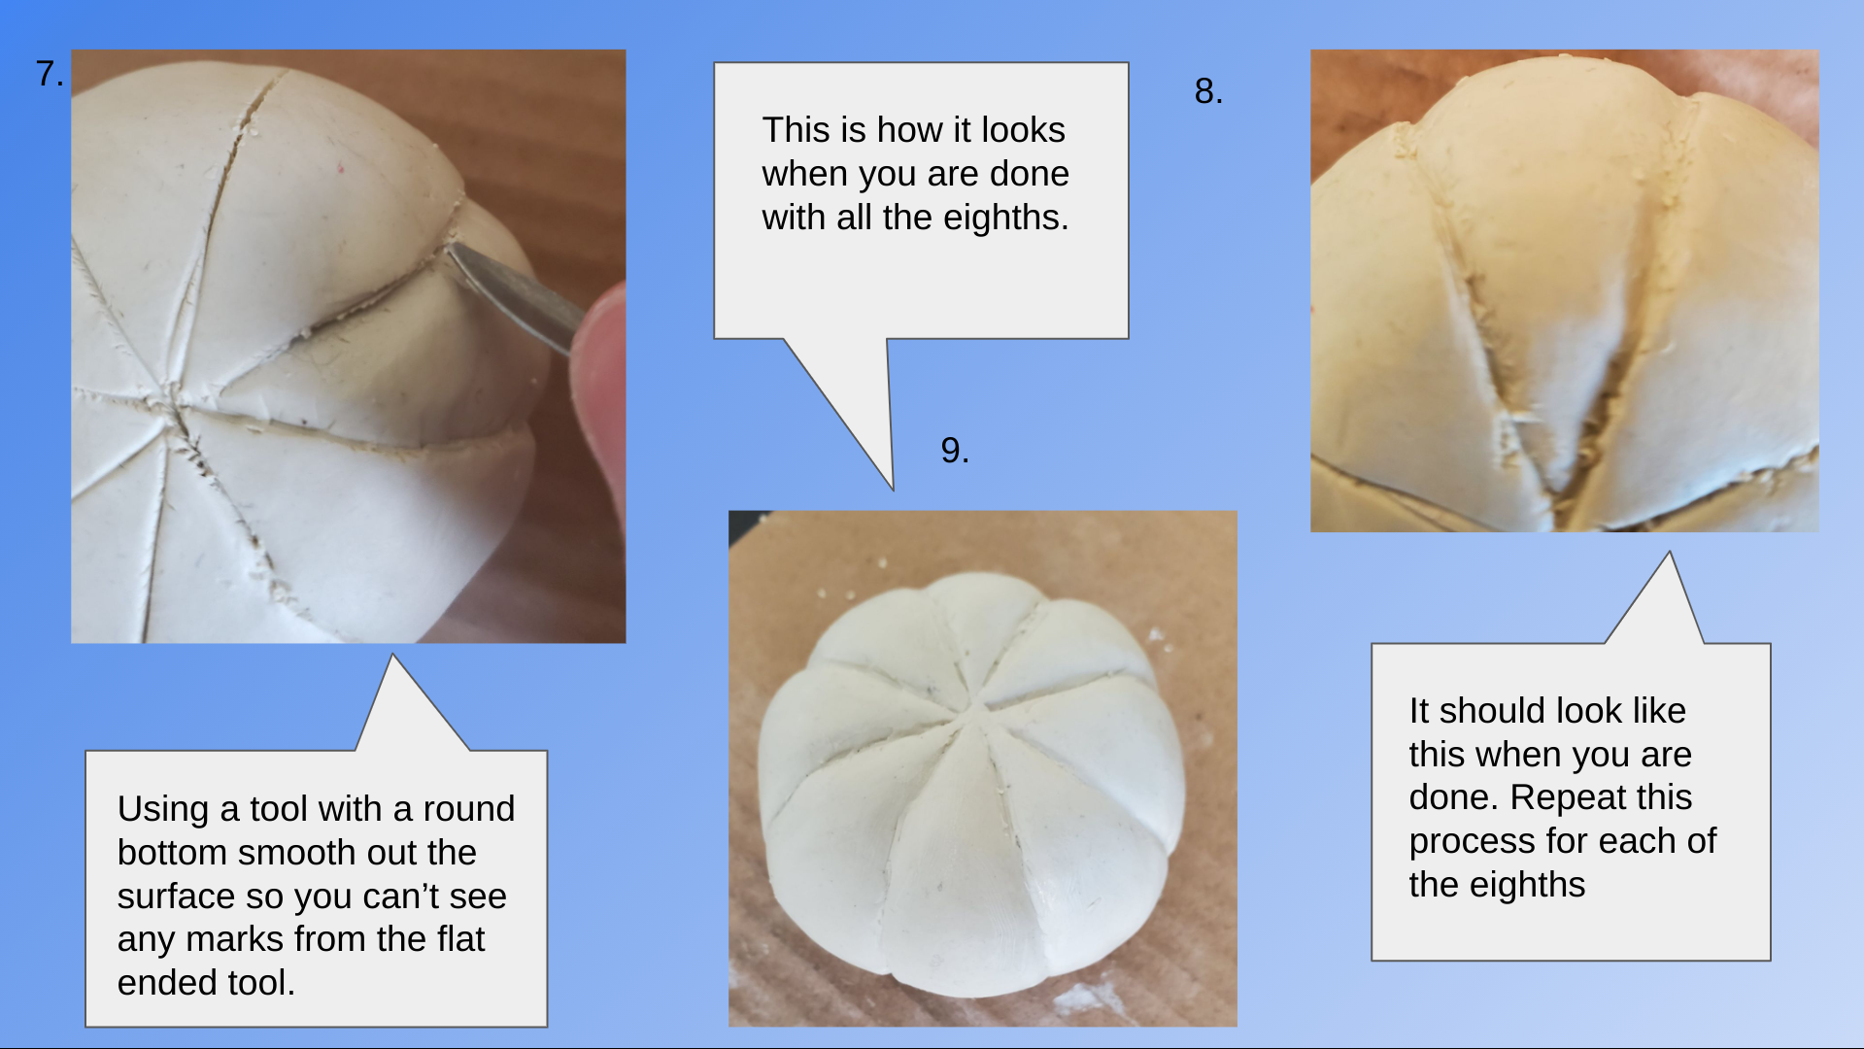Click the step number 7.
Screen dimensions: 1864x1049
click(50, 74)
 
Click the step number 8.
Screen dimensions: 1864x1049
click(1208, 91)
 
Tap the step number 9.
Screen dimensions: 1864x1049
click(955, 450)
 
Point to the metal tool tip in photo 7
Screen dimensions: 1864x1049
click(453, 252)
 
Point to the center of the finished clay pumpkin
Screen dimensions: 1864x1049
click(973, 713)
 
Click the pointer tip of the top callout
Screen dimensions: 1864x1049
click(893, 489)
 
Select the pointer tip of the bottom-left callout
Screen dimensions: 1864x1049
click(393, 655)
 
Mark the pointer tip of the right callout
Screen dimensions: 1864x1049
click(1670, 553)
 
